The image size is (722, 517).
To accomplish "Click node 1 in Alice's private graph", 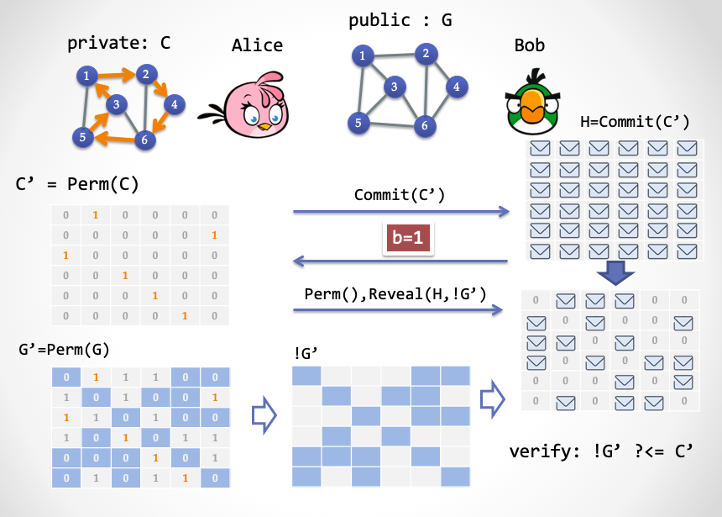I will coord(86,76).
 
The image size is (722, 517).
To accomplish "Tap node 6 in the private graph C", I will coord(144,139).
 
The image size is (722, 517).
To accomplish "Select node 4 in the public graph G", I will coord(456,86).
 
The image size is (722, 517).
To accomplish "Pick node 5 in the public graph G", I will coord(358,123).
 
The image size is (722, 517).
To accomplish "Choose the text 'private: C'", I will coord(118,42).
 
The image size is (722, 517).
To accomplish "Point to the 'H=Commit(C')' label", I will coord(635,123).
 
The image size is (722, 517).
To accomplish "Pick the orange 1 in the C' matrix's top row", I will coord(96,216).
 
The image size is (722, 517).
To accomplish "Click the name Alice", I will coord(257,45).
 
